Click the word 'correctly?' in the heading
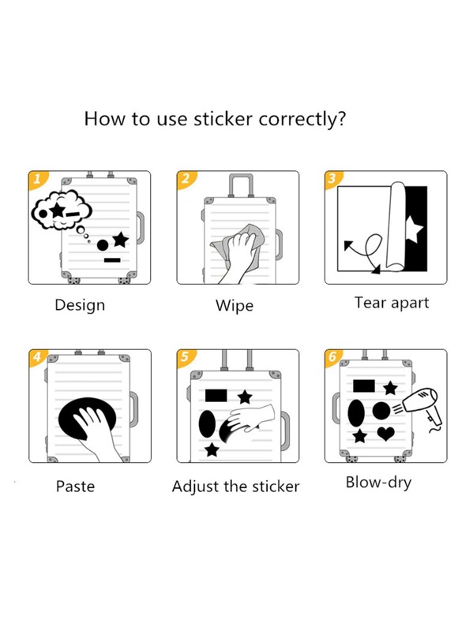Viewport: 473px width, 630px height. point(302,119)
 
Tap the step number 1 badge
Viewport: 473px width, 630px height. point(37,179)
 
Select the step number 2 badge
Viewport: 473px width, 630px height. point(186,179)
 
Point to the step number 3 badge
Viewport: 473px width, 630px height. point(332,179)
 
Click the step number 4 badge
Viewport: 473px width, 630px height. point(37,356)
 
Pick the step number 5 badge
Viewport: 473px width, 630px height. point(185,356)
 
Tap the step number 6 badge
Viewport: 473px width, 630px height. point(332,356)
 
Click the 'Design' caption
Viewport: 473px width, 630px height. point(80,305)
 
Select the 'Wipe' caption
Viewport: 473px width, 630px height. point(235,306)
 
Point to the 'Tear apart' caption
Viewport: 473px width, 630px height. point(392,303)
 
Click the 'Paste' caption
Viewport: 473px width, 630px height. point(75,486)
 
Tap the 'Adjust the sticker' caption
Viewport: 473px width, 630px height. point(235,486)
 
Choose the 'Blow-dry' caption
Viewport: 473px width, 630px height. point(378,483)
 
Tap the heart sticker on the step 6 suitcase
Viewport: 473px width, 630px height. point(385,434)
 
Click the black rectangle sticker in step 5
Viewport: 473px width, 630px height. point(216,395)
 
